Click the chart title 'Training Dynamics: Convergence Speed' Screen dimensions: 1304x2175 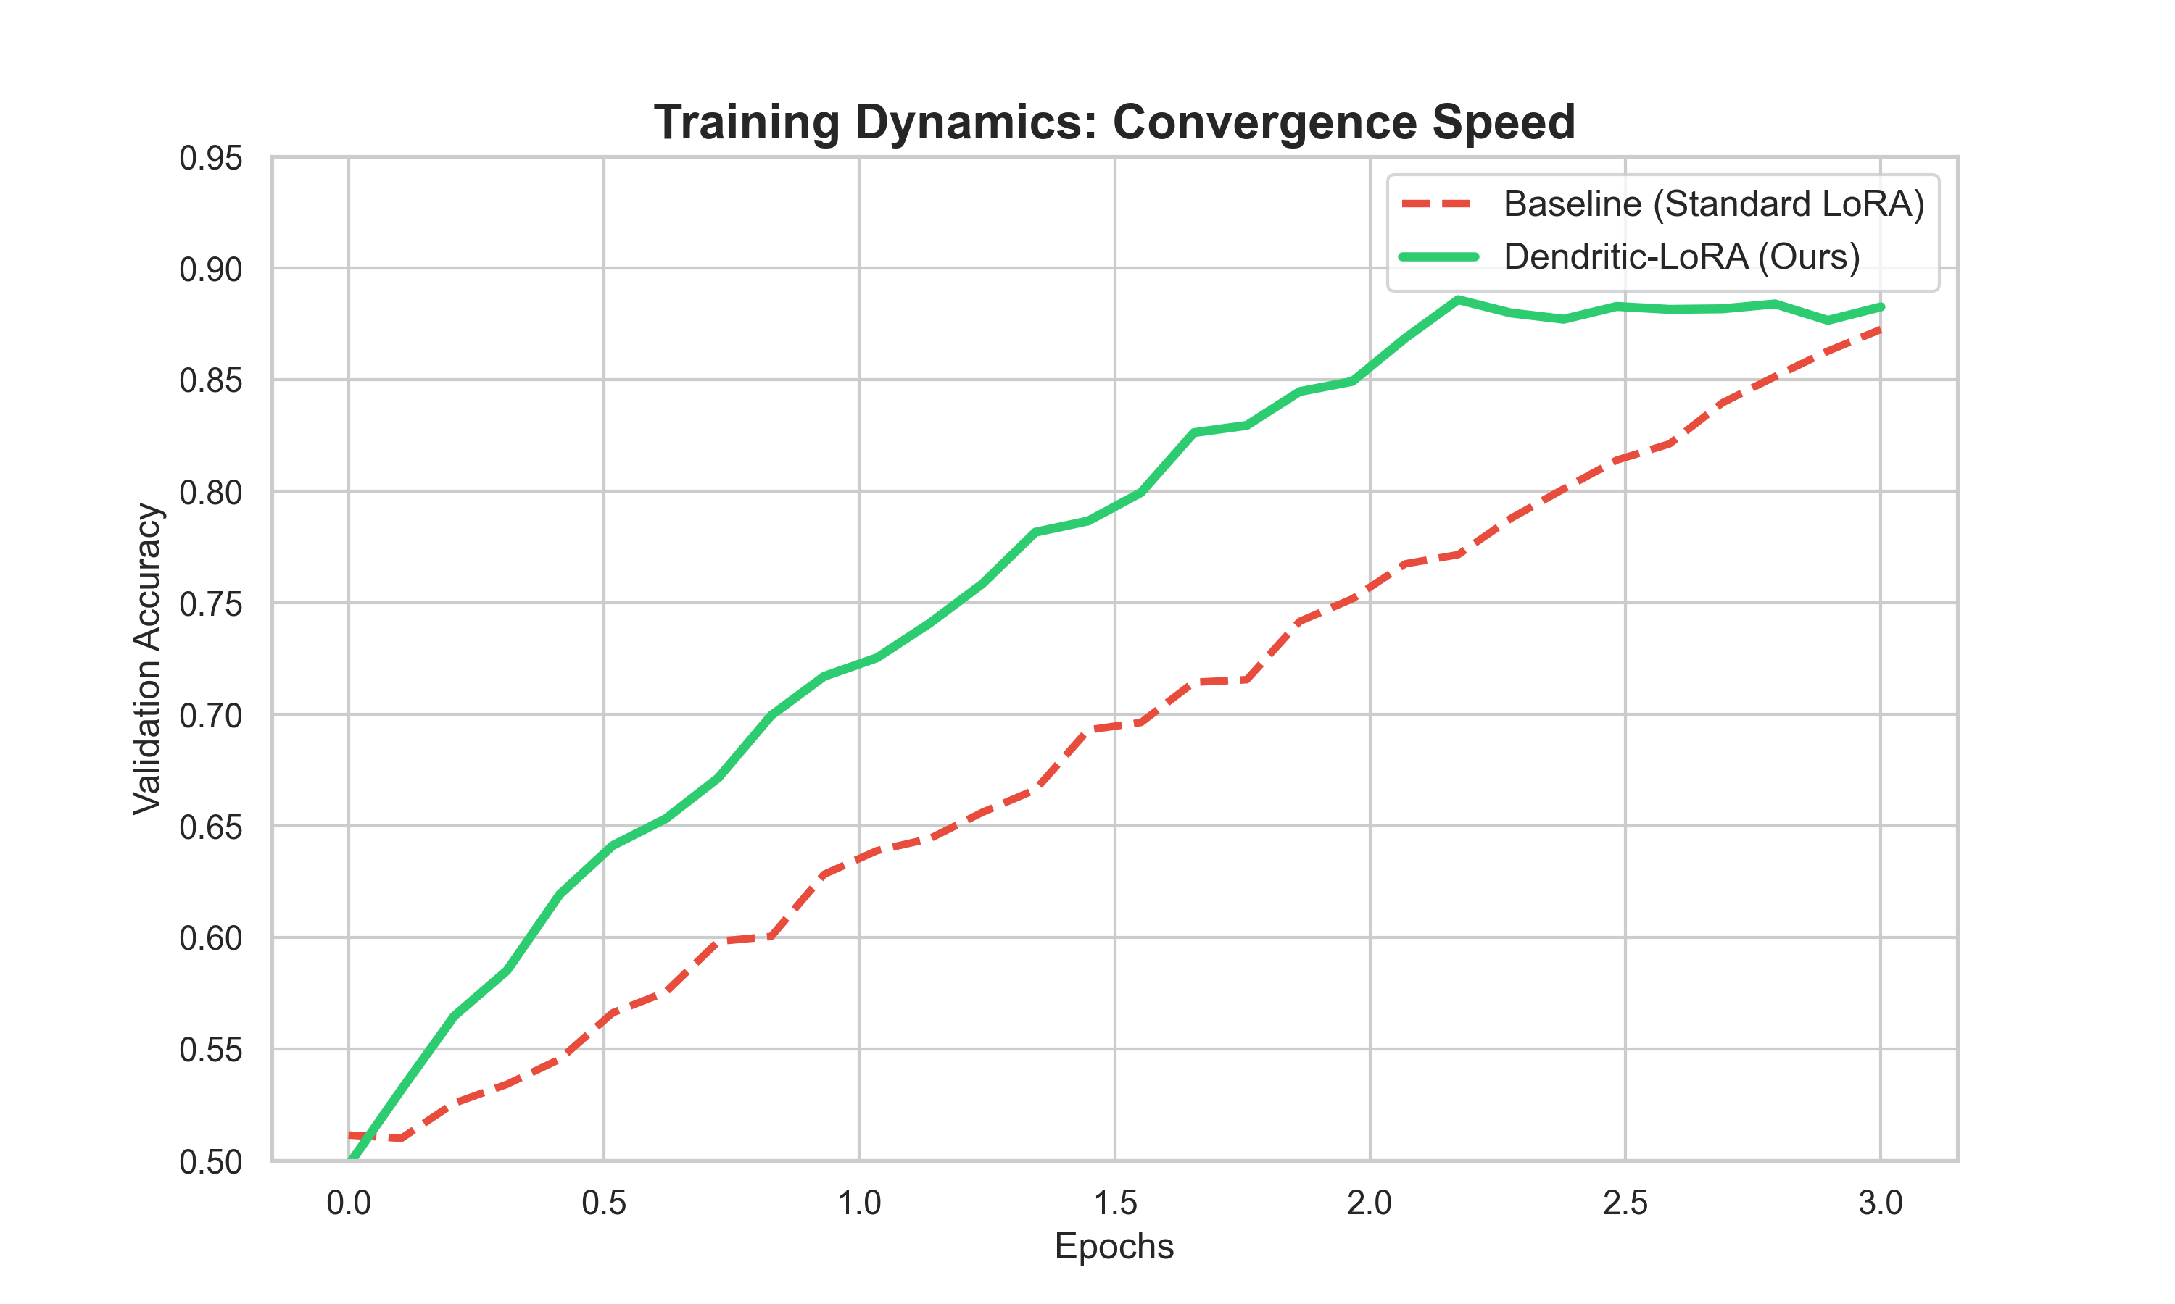(1114, 122)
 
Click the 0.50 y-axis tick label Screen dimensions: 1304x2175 (210, 1162)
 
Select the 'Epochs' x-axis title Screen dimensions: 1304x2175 (1114, 1247)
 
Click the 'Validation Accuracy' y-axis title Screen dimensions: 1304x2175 (147, 659)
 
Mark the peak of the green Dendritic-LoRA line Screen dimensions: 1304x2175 (1458, 300)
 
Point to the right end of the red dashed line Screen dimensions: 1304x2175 (1881, 330)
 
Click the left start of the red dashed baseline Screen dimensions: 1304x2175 (350, 1135)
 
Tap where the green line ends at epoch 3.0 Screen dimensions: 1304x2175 (1881, 306)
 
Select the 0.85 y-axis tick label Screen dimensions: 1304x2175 (210, 381)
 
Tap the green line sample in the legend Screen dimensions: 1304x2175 (1438, 256)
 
